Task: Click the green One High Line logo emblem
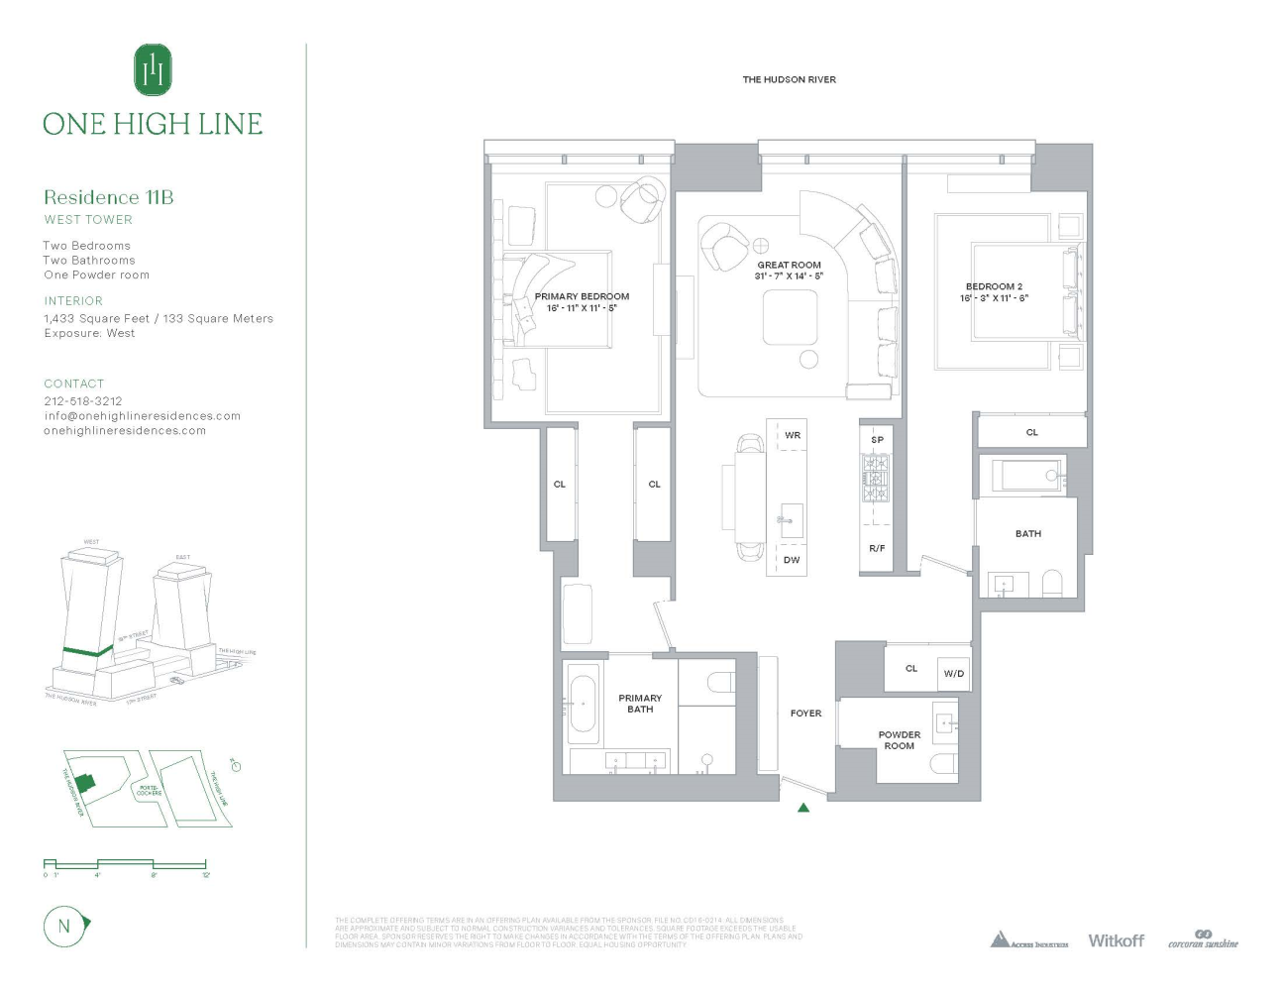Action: pyautogui.click(x=153, y=69)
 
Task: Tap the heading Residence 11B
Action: pyautogui.click(x=108, y=197)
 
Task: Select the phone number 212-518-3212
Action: pyautogui.click(x=83, y=401)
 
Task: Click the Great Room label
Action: pyautogui.click(x=789, y=266)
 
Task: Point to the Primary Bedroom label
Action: pyautogui.click(x=582, y=297)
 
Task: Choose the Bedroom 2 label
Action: pyautogui.click(x=994, y=286)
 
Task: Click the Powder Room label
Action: pyautogui.click(x=899, y=740)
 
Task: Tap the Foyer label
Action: pyautogui.click(x=805, y=714)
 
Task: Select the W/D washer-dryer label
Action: pyautogui.click(x=953, y=674)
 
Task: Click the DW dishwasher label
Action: pyautogui.click(x=792, y=560)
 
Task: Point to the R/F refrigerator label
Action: pyautogui.click(x=877, y=548)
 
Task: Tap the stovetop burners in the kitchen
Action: pyautogui.click(x=876, y=478)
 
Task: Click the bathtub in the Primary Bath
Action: pyautogui.click(x=584, y=703)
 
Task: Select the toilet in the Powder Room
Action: pyautogui.click(x=943, y=763)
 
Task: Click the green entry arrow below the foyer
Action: pyautogui.click(x=803, y=808)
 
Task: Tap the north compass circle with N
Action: pyautogui.click(x=64, y=927)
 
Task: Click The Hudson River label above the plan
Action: pyautogui.click(x=789, y=80)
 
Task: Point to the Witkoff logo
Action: pyautogui.click(x=1116, y=940)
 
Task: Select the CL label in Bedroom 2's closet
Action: pyautogui.click(x=1031, y=432)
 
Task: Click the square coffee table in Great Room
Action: pyautogui.click(x=790, y=319)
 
